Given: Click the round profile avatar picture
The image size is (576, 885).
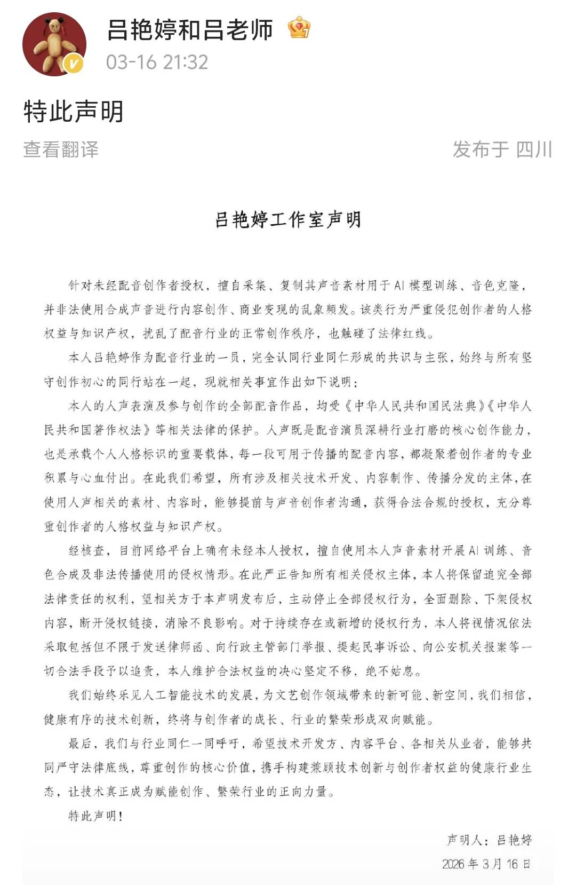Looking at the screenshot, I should click(x=54, y=44).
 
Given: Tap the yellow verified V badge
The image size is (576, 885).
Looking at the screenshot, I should click(x=73, y=64).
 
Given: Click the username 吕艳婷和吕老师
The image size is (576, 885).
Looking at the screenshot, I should click(x=190, y=30).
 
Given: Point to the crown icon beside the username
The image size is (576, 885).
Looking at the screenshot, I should click(x=299, y=28).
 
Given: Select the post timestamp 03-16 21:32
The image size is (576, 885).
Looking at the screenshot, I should click(x=157, y=62).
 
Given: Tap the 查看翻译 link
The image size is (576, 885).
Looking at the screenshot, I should click(x=61, y=149).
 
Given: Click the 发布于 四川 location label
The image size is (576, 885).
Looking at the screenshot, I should click(x=502, y=149).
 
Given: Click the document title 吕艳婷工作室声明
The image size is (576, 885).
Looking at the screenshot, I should click(x=288, y=219).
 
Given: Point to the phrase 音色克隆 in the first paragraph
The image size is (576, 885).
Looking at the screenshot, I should click(x=495, y=286).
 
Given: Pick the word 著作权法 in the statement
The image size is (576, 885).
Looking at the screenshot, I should click(x=117, y=430).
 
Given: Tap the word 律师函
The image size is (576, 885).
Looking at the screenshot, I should click(x=185, y=647).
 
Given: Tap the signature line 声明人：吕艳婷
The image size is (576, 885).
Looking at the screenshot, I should click(x=489, y=840).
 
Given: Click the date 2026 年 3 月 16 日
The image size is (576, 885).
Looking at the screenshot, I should click(x=486, y=864).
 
